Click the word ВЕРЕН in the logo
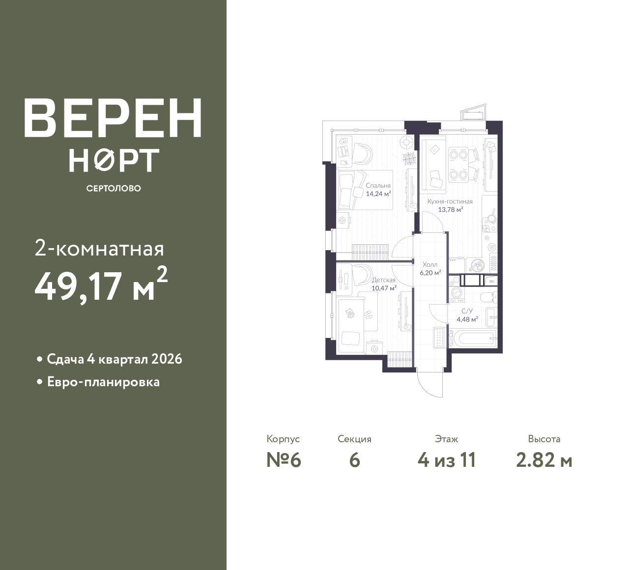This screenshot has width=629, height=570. pos(113,117)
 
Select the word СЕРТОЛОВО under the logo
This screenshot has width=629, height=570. pos(114,188)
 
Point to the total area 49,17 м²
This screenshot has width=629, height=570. pos(101,285)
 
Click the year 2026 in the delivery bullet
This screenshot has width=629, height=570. pos(167,359)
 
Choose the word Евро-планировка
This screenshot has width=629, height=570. pos(104,382)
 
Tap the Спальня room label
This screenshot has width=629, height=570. pos(378,186)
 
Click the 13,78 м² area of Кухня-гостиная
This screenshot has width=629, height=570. pos(451,209)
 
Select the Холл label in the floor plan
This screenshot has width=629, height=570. pos(430,265)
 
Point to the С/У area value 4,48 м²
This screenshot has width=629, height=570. pos(467,319)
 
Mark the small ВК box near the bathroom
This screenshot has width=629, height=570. pos(491,281)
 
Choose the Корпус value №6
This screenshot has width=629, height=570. pos(284,460)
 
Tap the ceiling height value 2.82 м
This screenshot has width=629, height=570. pos(544,460)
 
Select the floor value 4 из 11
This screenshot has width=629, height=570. pos(447,460)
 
